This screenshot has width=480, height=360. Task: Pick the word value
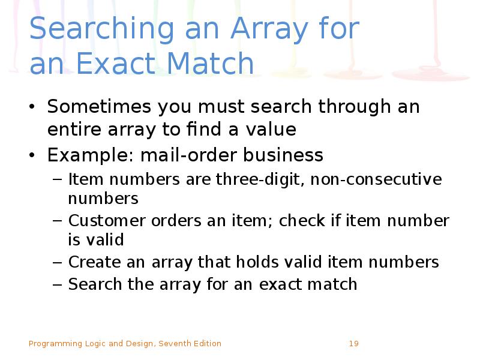[x=272, y=130]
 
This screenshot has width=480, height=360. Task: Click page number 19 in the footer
[x=353, y=344]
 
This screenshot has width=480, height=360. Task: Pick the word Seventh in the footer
[x=173, y=344]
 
